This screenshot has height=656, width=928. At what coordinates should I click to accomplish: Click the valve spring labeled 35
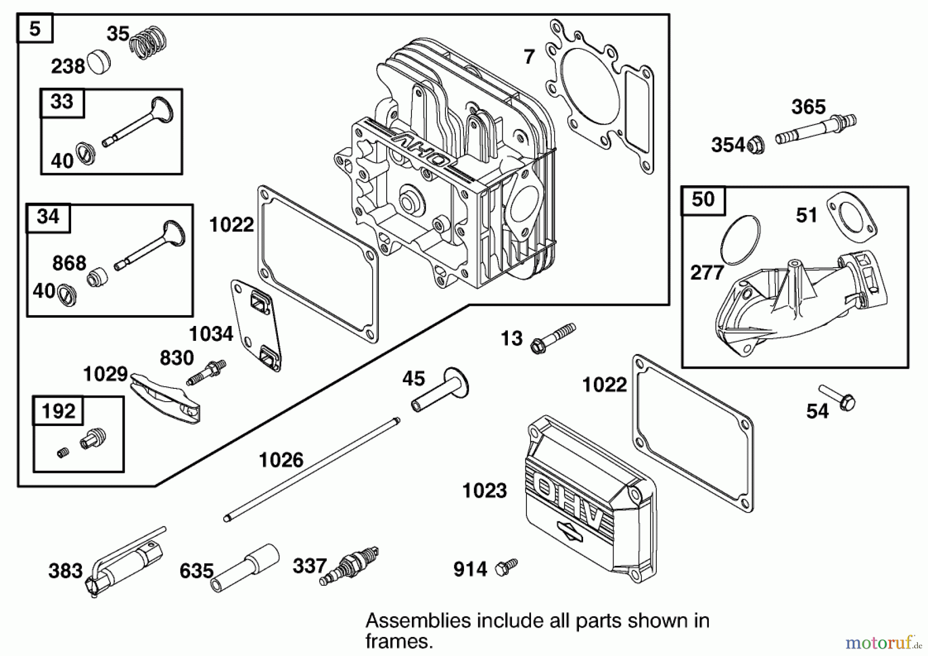pyautogui.click(x=148, y=43)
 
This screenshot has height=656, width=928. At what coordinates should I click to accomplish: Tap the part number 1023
pyautogui.click(x=484, y=490)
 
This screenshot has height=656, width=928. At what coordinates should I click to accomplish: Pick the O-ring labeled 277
pyautogui.click(x=740, y=240)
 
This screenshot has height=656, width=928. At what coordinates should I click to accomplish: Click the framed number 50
pyautogui.click(x=703, y=200)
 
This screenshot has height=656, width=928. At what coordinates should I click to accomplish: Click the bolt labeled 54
pyautogui.click(x=838, y=398)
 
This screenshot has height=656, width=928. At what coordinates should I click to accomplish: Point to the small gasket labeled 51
pyautogui.click(x=851, y=217)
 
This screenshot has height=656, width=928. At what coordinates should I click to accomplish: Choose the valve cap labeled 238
pyautogui.click(x=98, y=62)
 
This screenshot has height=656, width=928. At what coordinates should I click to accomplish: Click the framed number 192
pyautogui.click(x=58, y=411)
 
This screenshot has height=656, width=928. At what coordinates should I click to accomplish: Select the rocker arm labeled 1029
pyautogui.click(x=165, y=398)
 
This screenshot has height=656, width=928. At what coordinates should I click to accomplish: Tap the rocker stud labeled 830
pyautogui.click(x=206, y=372)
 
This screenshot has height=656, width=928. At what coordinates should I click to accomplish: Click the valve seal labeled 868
pyautogui.click(x=97, y=277)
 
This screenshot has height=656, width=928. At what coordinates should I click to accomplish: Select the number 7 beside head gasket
pyautogui.click(x=529, y=57)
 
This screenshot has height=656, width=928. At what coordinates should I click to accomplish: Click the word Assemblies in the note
pyautogui.click(x=418, y=620)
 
